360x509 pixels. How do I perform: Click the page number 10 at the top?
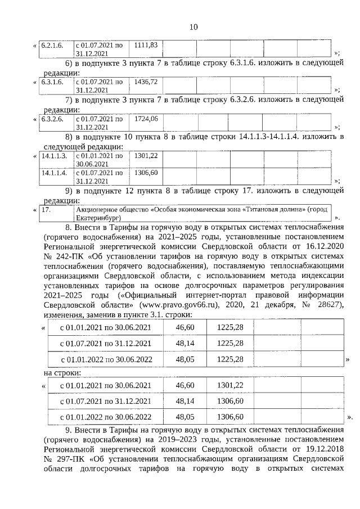pyautogui.click(x=193, y=27)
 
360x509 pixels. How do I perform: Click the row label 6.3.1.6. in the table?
pyautogui.click(x=54, y=82)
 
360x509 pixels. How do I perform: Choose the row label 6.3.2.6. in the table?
pyautogui.click(x=54, y=119)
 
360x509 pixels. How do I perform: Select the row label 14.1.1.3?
pyautogui.click(x=54, y=155)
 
